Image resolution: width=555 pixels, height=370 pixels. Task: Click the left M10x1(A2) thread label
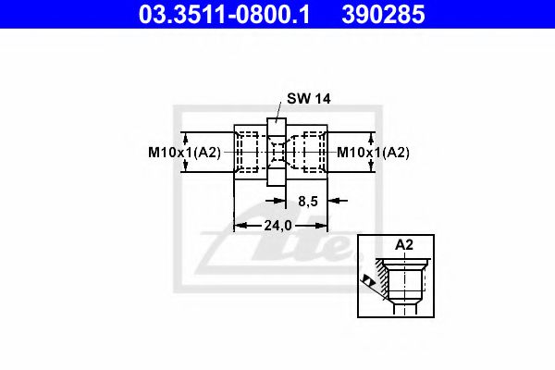point(183,153)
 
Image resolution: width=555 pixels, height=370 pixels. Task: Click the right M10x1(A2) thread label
point(372,153)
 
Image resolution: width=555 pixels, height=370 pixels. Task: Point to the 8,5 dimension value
point(308,199)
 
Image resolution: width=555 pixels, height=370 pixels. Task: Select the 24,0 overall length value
point(280,225)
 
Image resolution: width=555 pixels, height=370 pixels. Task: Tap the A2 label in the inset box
point(404,245)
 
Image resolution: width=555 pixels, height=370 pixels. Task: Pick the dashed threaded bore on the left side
point(249,152)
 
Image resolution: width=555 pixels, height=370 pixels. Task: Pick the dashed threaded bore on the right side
point(311,152)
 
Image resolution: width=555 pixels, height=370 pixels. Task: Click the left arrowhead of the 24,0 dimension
point(239,225)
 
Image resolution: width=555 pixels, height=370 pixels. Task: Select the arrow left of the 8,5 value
point(282,199)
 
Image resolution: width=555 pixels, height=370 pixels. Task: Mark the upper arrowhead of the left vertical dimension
point(186,135)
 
